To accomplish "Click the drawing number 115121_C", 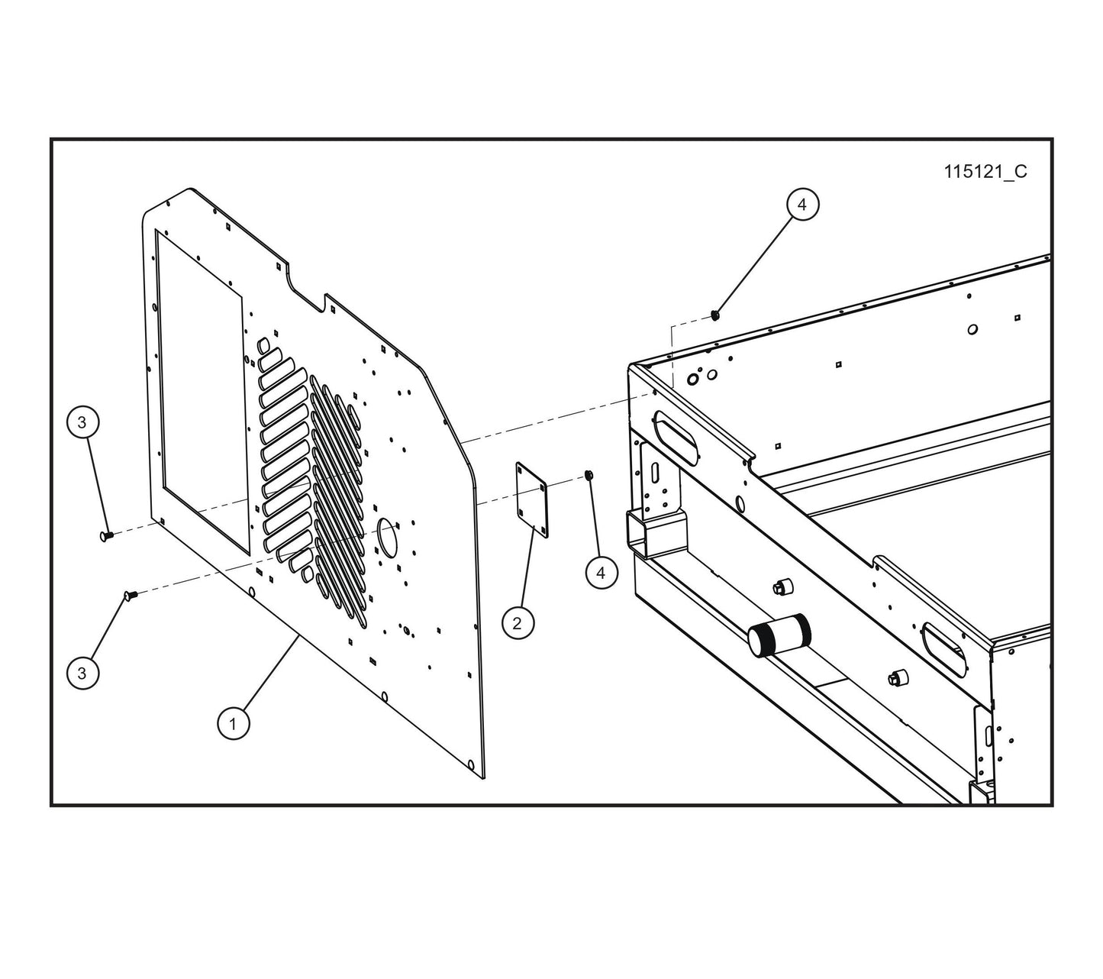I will pyautogui.click(x=985, y=172).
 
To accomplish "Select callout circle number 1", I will pyautogui.click(x=234, y=723).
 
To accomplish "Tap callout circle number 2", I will pyautogui.click(x=518, y=623).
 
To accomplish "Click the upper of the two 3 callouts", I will pyautogui.click(x=82, y=422).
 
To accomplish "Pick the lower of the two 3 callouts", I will pyautogui.click(x=82, y=674).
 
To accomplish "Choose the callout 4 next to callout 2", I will pyautogui.click(x=601, y=573).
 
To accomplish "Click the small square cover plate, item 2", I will pyautogui.click(x=533, y=500).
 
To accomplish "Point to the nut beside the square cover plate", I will pyautogui.click(x=589, y=476).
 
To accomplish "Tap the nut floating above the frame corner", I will pyautogui.click(x=715, y=314).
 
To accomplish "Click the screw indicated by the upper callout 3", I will pyautogui.click(x=106, y=536).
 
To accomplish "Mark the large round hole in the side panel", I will pyautogui.click(x=388, y=533).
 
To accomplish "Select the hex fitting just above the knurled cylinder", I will pyautogui.click(x=782, y=586).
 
